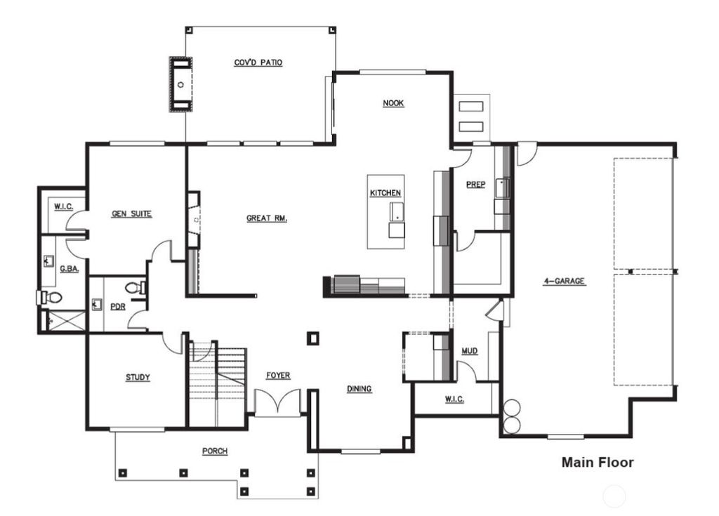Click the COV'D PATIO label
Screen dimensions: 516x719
(258, 62)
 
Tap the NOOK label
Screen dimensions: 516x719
(393, 103)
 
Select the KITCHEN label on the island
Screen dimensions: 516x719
(385, 193)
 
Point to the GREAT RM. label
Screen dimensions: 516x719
(267, 218)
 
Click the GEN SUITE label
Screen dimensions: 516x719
(131, 213)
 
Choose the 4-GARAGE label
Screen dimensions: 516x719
(564, 282)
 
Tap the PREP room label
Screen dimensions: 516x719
(476, 185)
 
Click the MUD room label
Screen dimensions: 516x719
(469, 350)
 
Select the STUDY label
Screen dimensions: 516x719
(138, 378)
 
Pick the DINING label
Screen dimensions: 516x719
(359, 389)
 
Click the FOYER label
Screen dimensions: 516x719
(278, 376)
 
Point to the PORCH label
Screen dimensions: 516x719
(215, 451)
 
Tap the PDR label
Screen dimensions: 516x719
(117, 306)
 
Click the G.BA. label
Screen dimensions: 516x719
(68, 268)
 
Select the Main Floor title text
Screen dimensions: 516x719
(598, 463)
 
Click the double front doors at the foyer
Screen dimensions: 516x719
(277, 404)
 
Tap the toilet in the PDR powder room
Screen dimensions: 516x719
(133, 288)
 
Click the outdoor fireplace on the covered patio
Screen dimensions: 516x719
(181, 84)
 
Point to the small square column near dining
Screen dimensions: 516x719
(313, 338)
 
